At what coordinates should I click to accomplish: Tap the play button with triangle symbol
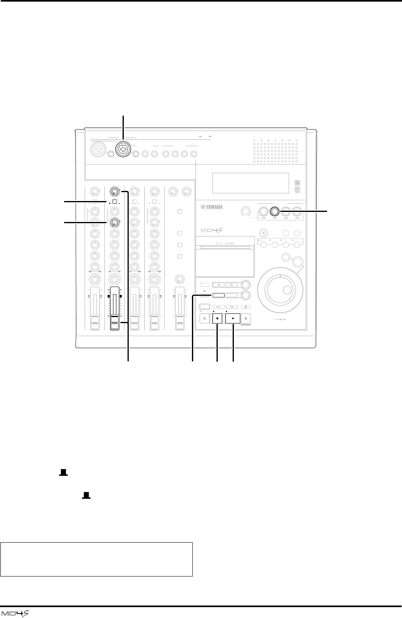tap(233, 318)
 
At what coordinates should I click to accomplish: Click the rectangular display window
tap(250, 183)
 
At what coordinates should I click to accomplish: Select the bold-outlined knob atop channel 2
tap(115, 191)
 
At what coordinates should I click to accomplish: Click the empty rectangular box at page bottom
tap(97, 559)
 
